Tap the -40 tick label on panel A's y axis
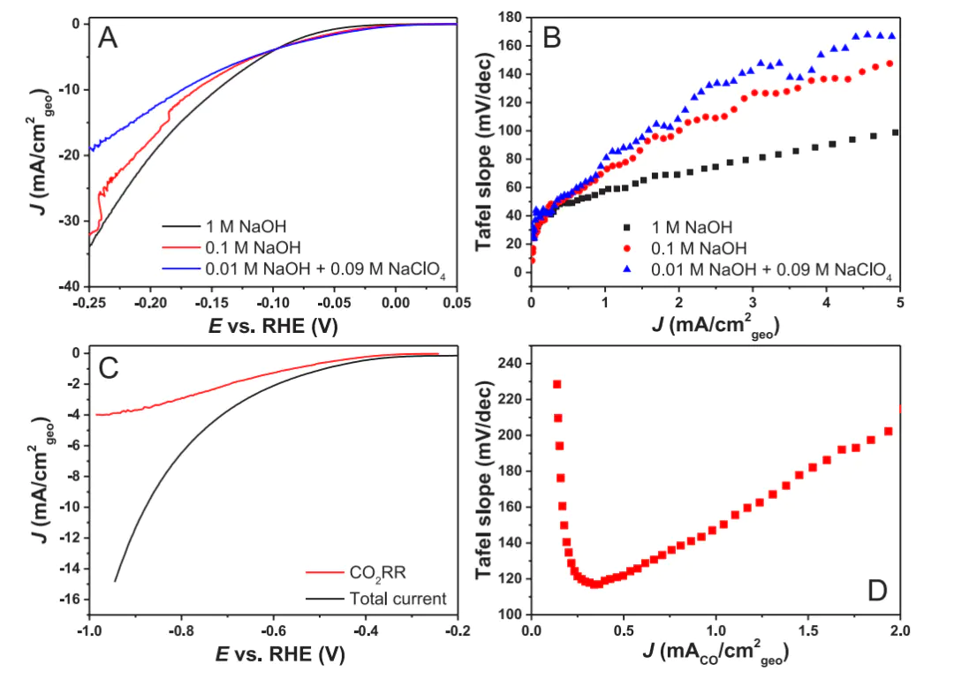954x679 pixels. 67,287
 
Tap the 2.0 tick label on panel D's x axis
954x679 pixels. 900,632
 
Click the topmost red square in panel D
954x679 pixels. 557,384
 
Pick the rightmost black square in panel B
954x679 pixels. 895,132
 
